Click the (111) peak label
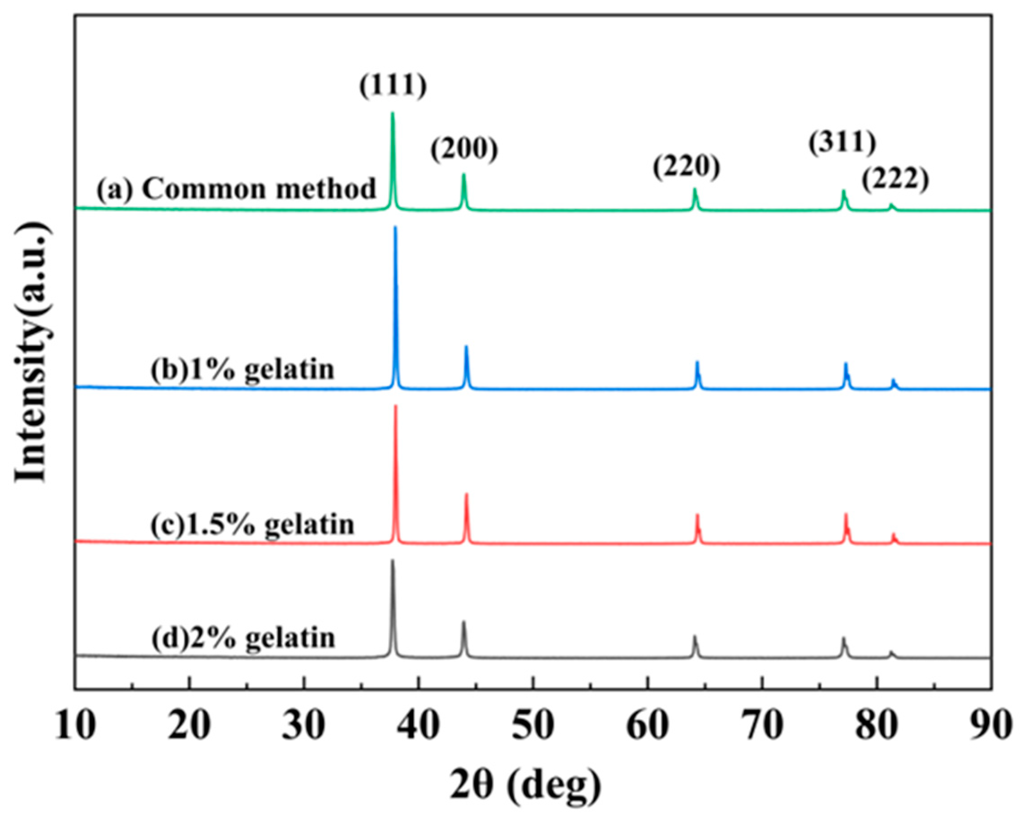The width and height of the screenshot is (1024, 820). tap(393, 87)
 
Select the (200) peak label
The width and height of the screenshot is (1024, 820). tap(464, 150)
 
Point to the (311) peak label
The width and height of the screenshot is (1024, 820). tap(842, 143)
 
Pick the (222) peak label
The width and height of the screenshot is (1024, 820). tap(895, 181)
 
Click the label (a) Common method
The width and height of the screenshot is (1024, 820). tap(237, 189)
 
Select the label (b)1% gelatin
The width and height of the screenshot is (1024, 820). tap(243, 369)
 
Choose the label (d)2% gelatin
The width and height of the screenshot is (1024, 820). tap(243, 638)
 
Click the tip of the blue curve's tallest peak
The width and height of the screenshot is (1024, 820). tap(395, 228)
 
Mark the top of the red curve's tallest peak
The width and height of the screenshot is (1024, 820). tap(395, 407)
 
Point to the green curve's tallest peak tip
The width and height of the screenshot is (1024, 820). tap(392, 113)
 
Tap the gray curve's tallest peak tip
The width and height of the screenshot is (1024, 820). tap(392, 561)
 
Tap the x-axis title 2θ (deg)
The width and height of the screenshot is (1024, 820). tap(525, 785)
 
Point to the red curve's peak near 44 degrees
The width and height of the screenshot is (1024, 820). tap(467, 495)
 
